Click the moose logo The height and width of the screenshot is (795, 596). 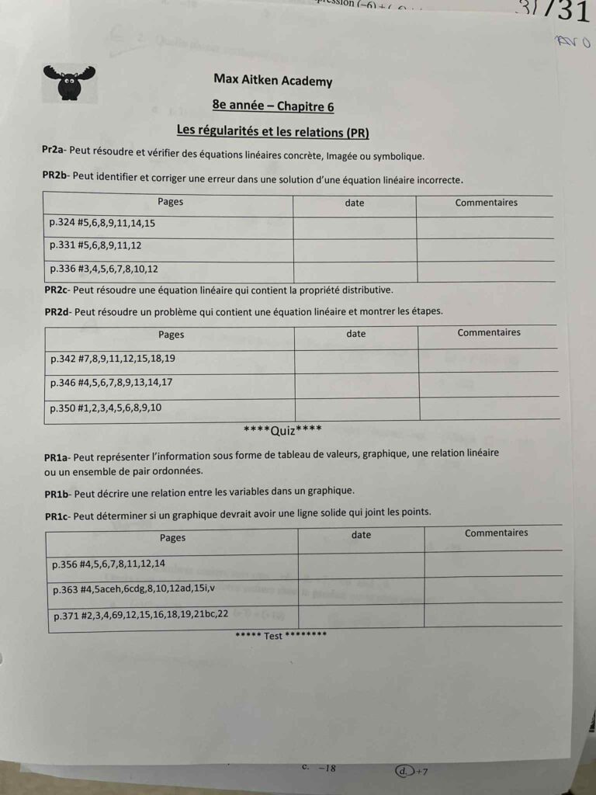(x=70, y=82)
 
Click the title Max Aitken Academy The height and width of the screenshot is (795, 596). (x=272, y=81)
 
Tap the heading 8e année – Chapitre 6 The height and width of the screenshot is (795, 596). (x=272, y=106)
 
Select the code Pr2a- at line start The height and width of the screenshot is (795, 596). (x=54, y=151)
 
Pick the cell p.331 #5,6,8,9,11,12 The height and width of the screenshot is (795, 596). (x=95, y=245)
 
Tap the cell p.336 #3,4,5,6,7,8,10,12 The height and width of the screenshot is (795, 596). (x=103, y=269)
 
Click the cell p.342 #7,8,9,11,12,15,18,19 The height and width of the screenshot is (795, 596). (x=113, y=359)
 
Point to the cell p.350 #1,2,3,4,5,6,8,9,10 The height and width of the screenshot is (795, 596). (x=106, y=407)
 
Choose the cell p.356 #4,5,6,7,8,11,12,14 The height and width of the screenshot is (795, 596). (x=109, y=564)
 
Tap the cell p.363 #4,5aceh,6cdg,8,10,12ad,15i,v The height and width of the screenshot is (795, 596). (x=133, y=590)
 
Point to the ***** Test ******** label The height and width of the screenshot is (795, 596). (x=282, y=636)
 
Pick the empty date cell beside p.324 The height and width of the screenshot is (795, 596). (x=354, y=227)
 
